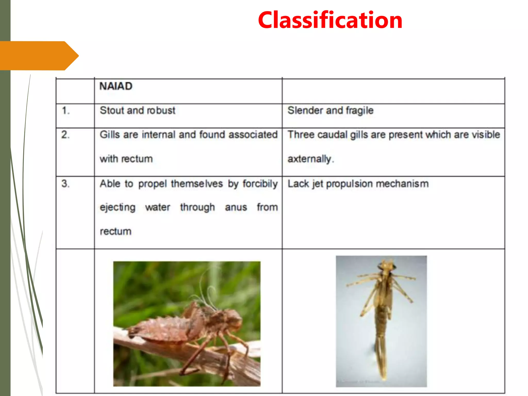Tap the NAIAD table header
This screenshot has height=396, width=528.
116,86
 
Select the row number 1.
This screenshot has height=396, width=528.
65,111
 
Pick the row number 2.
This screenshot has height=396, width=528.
65,135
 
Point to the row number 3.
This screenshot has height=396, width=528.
65,184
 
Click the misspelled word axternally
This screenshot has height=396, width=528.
309,159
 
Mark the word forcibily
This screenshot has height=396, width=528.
260,184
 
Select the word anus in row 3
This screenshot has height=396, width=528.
236,207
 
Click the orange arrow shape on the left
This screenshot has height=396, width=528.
39,56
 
